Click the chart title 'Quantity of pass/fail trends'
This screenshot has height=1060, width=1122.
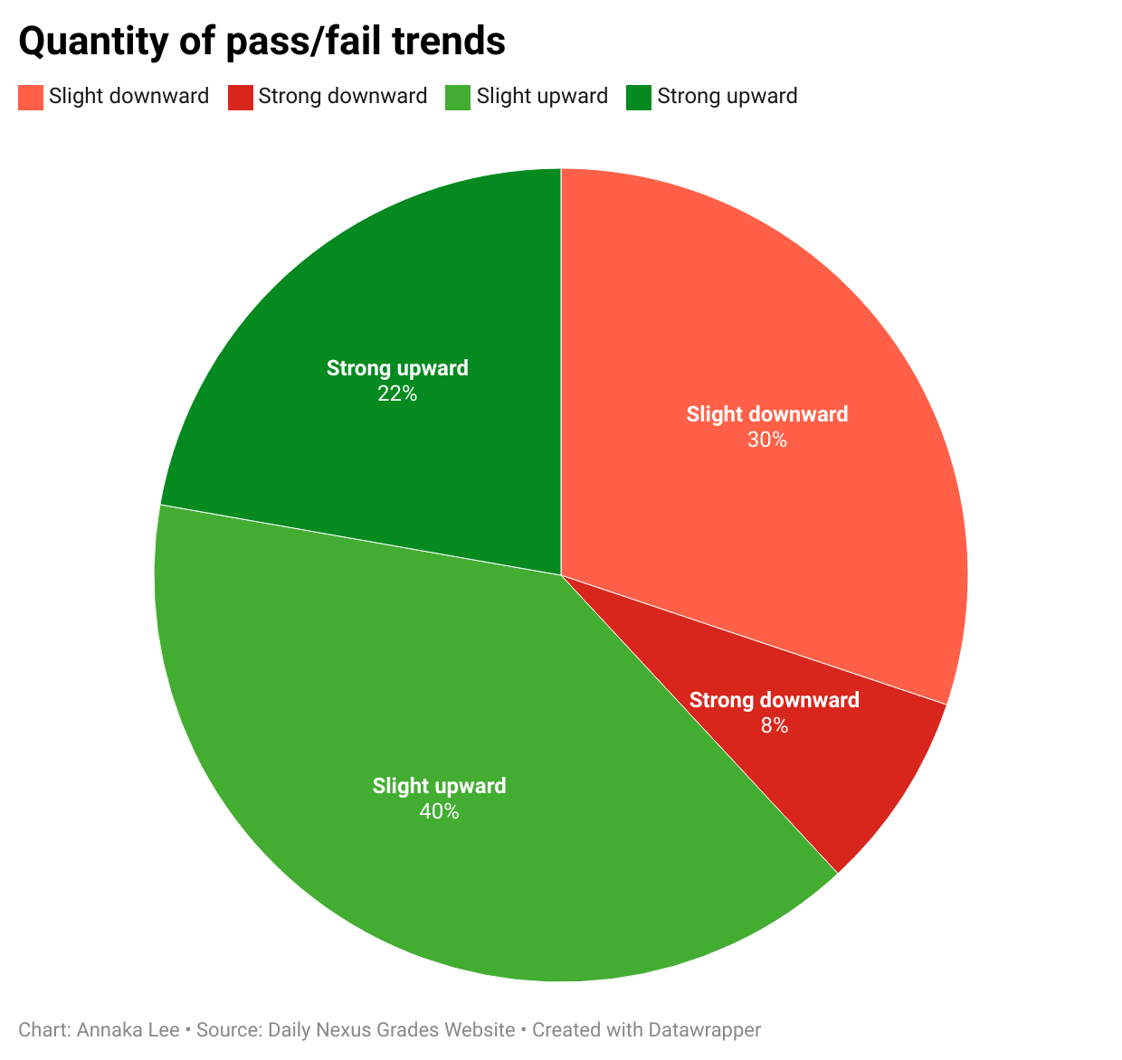point(261,42)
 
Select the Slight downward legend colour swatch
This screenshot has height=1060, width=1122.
point(31,98)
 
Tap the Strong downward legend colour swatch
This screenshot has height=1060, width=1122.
point(240,98)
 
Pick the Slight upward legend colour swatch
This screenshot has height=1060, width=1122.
point(458,98)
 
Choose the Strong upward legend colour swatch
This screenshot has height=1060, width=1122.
point(639,98)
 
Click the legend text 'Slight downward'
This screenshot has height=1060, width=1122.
point(128,96)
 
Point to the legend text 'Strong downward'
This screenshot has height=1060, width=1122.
point(343,96)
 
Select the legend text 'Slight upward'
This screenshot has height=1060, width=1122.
point(542,96)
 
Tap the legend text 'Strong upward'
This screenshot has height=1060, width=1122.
point(727,96)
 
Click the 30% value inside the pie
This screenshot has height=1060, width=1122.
point(767,440)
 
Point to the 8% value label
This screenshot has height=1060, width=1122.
point(774,725)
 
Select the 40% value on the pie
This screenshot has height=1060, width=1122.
point(439,812)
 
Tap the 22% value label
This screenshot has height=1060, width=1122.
point(397,394)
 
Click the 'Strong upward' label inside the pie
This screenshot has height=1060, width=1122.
point(397,369)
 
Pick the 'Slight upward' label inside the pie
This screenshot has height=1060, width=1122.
point(439,786)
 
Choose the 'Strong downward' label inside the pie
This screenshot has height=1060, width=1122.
point(774,700)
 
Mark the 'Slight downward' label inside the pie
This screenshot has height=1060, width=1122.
point(767,415)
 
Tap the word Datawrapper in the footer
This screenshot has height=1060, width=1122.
point(704,1030)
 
